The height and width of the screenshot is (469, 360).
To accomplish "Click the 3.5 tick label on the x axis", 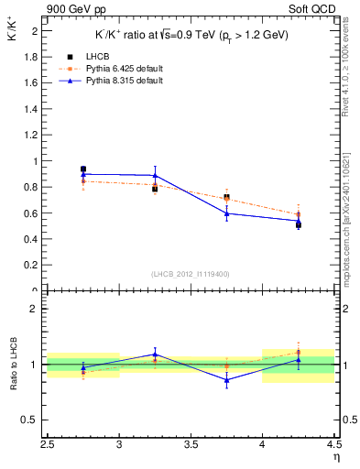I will (191, 446).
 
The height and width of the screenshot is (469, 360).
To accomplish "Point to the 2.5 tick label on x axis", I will (49, 446).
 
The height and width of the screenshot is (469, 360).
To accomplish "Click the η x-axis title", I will (336, 457).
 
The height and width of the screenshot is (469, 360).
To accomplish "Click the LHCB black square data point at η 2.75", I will (83, 169).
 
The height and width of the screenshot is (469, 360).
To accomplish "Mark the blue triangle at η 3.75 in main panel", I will (226, 213).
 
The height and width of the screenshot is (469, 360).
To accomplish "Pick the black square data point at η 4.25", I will (298, 224).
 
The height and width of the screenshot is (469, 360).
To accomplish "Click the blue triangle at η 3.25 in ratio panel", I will (155, 354).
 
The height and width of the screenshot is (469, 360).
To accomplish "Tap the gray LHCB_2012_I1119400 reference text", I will (191, 274).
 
